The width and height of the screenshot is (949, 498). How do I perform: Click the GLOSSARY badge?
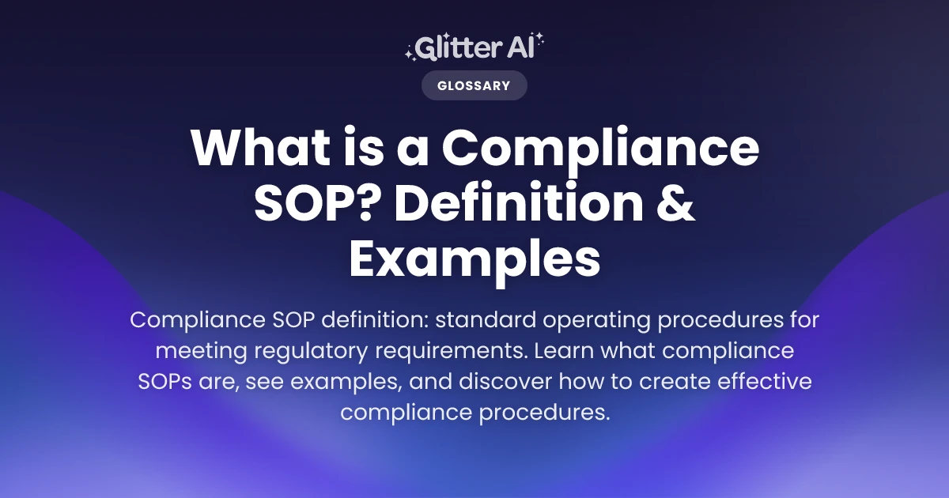[474, 85]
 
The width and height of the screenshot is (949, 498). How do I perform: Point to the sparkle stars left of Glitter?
[410, 54]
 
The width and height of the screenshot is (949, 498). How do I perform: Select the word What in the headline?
[260, 146]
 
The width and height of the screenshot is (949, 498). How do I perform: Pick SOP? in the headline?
[313, 202]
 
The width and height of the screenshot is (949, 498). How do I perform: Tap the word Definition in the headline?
[519, 202]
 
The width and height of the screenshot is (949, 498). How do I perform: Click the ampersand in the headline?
[675, 202]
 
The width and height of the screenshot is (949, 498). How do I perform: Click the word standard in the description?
[486, 319]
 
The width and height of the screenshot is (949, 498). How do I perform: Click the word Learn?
[564, 350]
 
